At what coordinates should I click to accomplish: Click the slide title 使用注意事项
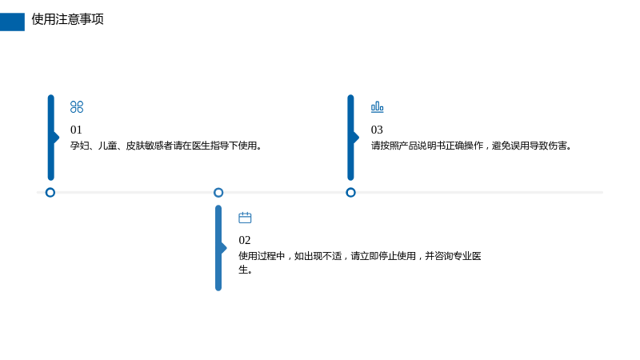67,19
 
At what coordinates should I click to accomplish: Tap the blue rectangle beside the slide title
12,22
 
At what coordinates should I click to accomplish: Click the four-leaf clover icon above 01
77,107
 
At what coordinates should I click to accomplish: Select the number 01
76,130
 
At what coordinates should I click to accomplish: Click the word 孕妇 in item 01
79,146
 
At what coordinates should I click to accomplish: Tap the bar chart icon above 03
377,107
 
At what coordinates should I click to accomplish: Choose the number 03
377,130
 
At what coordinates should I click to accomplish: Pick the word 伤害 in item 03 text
558,146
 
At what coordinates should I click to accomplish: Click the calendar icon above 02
245,218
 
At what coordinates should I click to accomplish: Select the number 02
245,240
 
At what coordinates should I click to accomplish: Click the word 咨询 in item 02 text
444,256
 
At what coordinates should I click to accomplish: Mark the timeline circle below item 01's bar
50,192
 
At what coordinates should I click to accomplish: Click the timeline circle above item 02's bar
218,192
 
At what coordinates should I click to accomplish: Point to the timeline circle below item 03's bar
350,192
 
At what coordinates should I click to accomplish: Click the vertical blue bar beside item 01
51,138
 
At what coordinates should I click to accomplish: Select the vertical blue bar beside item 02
218,248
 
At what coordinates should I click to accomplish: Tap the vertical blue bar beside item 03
350,138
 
